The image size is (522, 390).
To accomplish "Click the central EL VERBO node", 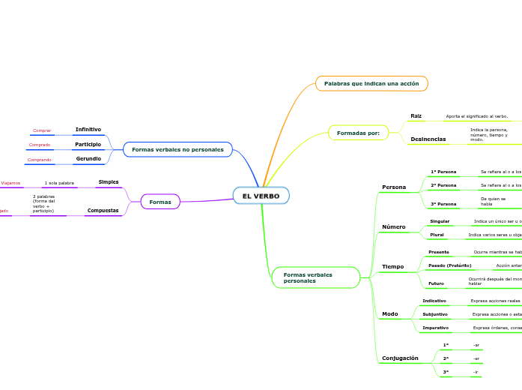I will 261,196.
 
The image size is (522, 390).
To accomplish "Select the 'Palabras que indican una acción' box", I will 371,83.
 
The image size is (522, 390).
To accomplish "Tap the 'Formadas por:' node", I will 358,133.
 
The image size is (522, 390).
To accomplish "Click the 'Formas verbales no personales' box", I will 177,149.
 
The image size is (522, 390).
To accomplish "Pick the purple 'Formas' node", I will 160,202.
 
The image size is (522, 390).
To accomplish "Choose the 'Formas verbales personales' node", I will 315,277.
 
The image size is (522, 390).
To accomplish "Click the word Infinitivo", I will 88,130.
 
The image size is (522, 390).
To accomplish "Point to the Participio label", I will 88,144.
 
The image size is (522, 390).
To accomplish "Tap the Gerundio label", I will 88,159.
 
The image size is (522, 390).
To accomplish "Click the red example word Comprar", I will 42,130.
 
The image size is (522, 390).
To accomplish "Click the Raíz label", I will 416,116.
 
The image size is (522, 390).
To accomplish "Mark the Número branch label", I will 393,226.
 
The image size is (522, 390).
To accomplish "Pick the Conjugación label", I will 400,358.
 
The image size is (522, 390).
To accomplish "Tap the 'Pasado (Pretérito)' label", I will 449,265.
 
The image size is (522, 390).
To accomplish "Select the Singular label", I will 440,221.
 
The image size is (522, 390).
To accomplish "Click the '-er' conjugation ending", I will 476,358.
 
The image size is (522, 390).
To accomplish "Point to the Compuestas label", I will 103,211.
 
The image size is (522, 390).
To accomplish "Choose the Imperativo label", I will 435,328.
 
